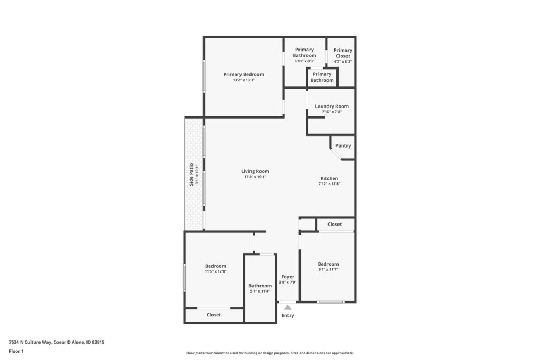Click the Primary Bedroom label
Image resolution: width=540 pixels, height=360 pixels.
244,74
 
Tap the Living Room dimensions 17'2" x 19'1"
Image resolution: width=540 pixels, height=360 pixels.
255,177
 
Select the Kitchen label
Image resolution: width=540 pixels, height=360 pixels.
329,178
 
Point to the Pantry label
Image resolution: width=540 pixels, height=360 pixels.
343,145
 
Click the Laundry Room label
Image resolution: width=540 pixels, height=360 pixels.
332,106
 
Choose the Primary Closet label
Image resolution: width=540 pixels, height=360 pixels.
343,53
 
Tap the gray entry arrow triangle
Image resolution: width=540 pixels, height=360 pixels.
287,307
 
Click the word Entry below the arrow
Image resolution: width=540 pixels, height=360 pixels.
287,315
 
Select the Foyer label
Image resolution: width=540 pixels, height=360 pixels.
287,277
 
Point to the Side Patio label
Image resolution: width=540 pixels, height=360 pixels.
191,174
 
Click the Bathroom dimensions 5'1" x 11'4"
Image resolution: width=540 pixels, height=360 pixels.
260,291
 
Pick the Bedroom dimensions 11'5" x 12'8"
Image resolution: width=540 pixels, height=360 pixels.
216,271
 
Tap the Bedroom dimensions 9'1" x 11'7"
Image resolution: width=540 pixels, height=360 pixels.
328,269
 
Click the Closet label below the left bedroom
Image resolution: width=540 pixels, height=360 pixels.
214,315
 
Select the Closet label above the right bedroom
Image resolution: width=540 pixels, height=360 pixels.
334,224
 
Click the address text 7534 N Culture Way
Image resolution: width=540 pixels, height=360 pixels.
30,342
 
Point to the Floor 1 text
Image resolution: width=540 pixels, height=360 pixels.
16,351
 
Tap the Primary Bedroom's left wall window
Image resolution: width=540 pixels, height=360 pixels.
204,76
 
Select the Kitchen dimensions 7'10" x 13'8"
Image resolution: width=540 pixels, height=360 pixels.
329,184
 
